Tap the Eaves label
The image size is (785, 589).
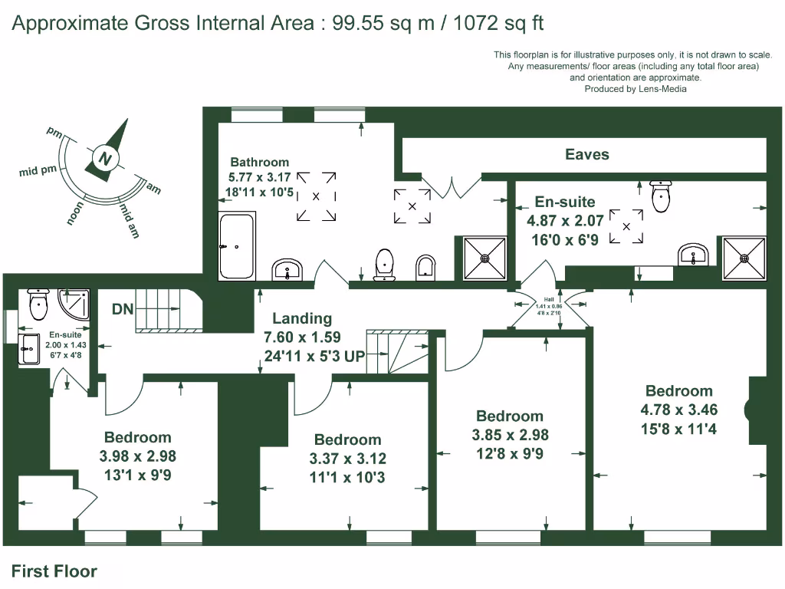[586, 154]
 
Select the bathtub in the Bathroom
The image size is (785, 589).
[237, 247]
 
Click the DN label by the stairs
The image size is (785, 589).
[123, 310]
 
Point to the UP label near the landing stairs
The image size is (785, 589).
[354, 356]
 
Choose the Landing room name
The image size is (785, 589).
[302, 318]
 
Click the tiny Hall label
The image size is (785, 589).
[548, 300]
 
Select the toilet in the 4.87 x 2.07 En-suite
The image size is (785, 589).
[660, 196]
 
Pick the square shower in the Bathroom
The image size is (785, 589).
[484, 258]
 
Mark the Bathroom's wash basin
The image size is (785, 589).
[288, 270]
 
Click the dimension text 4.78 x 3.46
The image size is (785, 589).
[678, 410]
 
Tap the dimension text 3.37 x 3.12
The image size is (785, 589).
[347, 459]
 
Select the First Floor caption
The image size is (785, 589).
[54, 571]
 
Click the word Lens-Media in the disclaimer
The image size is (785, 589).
[661, 89]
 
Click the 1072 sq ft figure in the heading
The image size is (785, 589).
[498, 23]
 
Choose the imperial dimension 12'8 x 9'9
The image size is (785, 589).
[509, 453]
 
